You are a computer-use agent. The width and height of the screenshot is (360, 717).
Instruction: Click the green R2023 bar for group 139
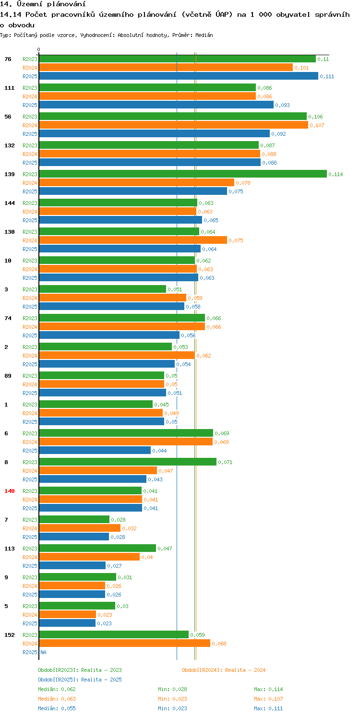click(x=182, y=174)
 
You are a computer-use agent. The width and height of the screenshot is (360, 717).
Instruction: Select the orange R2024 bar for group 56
click(x=173, y=125)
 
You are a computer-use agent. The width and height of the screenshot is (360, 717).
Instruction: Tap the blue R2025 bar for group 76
click(x=178, y=76)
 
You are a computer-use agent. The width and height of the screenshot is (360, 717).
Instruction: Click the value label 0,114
click(x=336, y=174)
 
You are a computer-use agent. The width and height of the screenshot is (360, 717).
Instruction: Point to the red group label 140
click(x=10, y=491)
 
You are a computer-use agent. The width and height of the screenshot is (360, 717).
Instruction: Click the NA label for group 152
click(x=43, y=652)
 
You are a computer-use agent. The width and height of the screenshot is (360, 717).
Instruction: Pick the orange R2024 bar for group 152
click(x=124, y=643)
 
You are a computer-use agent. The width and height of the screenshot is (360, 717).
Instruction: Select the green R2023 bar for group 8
click(x=127, y=462)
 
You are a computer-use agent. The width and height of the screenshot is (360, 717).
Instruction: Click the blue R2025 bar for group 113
click(x=72, y=565)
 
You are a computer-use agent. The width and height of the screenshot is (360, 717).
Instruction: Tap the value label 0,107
click(x=317, y=125)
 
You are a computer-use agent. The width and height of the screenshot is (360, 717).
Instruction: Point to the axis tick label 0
click(x=39, y=49)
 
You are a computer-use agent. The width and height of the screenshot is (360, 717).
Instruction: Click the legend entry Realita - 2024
click(x=224, y=670)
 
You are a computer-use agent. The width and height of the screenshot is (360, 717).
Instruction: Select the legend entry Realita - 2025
click(x=80, y=680)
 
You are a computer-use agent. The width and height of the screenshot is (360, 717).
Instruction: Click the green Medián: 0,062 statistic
click(x=57, y=689)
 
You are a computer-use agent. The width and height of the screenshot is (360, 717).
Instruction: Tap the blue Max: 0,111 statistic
click(x=268, y=708)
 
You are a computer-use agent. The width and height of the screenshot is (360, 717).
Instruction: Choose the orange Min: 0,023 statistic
click(x=172, y=699)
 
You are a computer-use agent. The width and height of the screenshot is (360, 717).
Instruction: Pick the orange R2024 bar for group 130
click(x=132, y=240)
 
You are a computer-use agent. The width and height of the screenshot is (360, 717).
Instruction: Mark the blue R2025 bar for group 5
click(x=67, y=623)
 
